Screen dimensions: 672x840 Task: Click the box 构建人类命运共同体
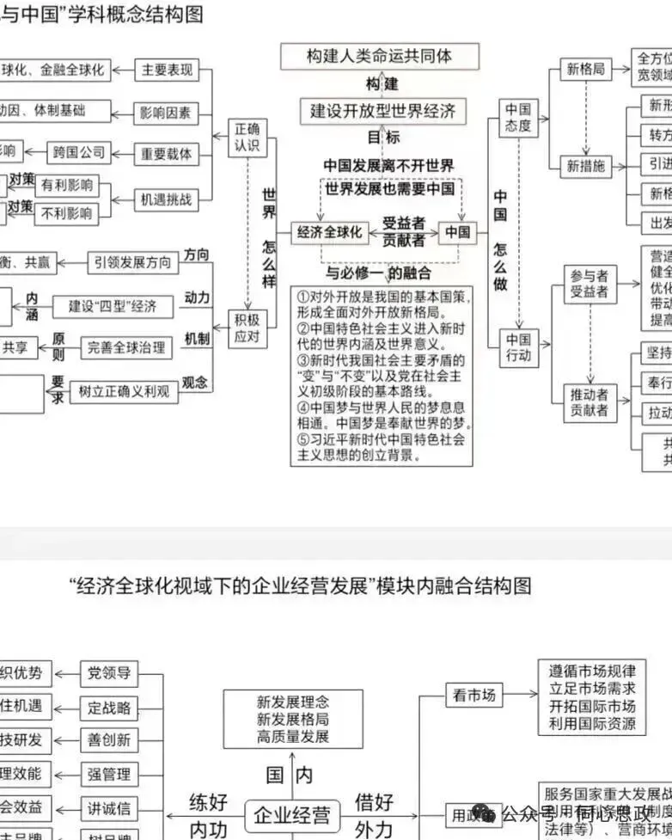(x=379, y=57)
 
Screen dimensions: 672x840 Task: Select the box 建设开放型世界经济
(x=382, y=111)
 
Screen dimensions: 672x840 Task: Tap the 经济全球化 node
(x=330, y=232)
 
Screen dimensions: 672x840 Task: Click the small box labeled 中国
(x=457, y=232)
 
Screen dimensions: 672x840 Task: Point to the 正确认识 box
(x=246, y=138)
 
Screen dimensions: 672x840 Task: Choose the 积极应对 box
(x=247, y=328)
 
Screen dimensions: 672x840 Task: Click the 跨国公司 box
(x=76, y=153)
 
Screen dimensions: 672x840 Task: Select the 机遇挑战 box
(x=167, y=199)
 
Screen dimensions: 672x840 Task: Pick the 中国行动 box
(x=518, y=346)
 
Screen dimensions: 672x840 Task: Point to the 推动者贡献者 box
(x=590, y=402)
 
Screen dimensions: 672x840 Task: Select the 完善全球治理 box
(x=125, y=347)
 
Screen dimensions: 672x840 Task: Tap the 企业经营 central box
(x=292, y=812)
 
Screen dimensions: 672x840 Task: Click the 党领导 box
(x=109, y=672)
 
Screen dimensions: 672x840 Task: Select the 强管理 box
(x=109, y=774)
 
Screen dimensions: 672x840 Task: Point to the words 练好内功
(x=208, y=815)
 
